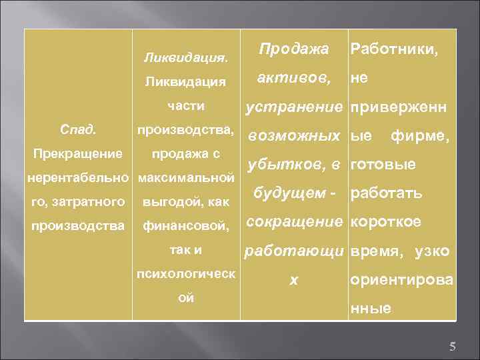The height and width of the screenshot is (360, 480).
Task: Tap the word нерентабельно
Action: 79,178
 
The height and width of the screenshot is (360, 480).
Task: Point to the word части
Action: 186,107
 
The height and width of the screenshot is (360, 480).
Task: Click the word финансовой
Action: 186,226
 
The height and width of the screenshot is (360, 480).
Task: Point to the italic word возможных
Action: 293,136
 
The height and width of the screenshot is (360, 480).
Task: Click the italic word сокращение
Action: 293,222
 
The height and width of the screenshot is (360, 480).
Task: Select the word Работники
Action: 394,49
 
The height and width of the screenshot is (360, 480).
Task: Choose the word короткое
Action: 386,222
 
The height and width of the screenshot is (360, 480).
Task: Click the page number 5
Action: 452,346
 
